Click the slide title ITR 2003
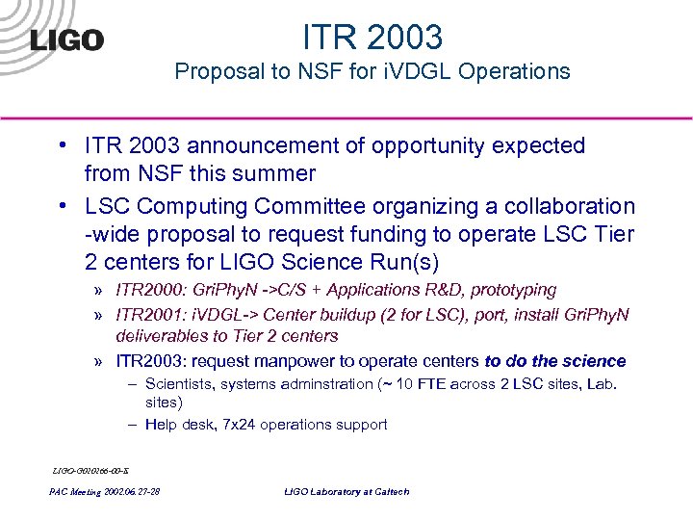372,37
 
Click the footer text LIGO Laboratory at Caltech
346,492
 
